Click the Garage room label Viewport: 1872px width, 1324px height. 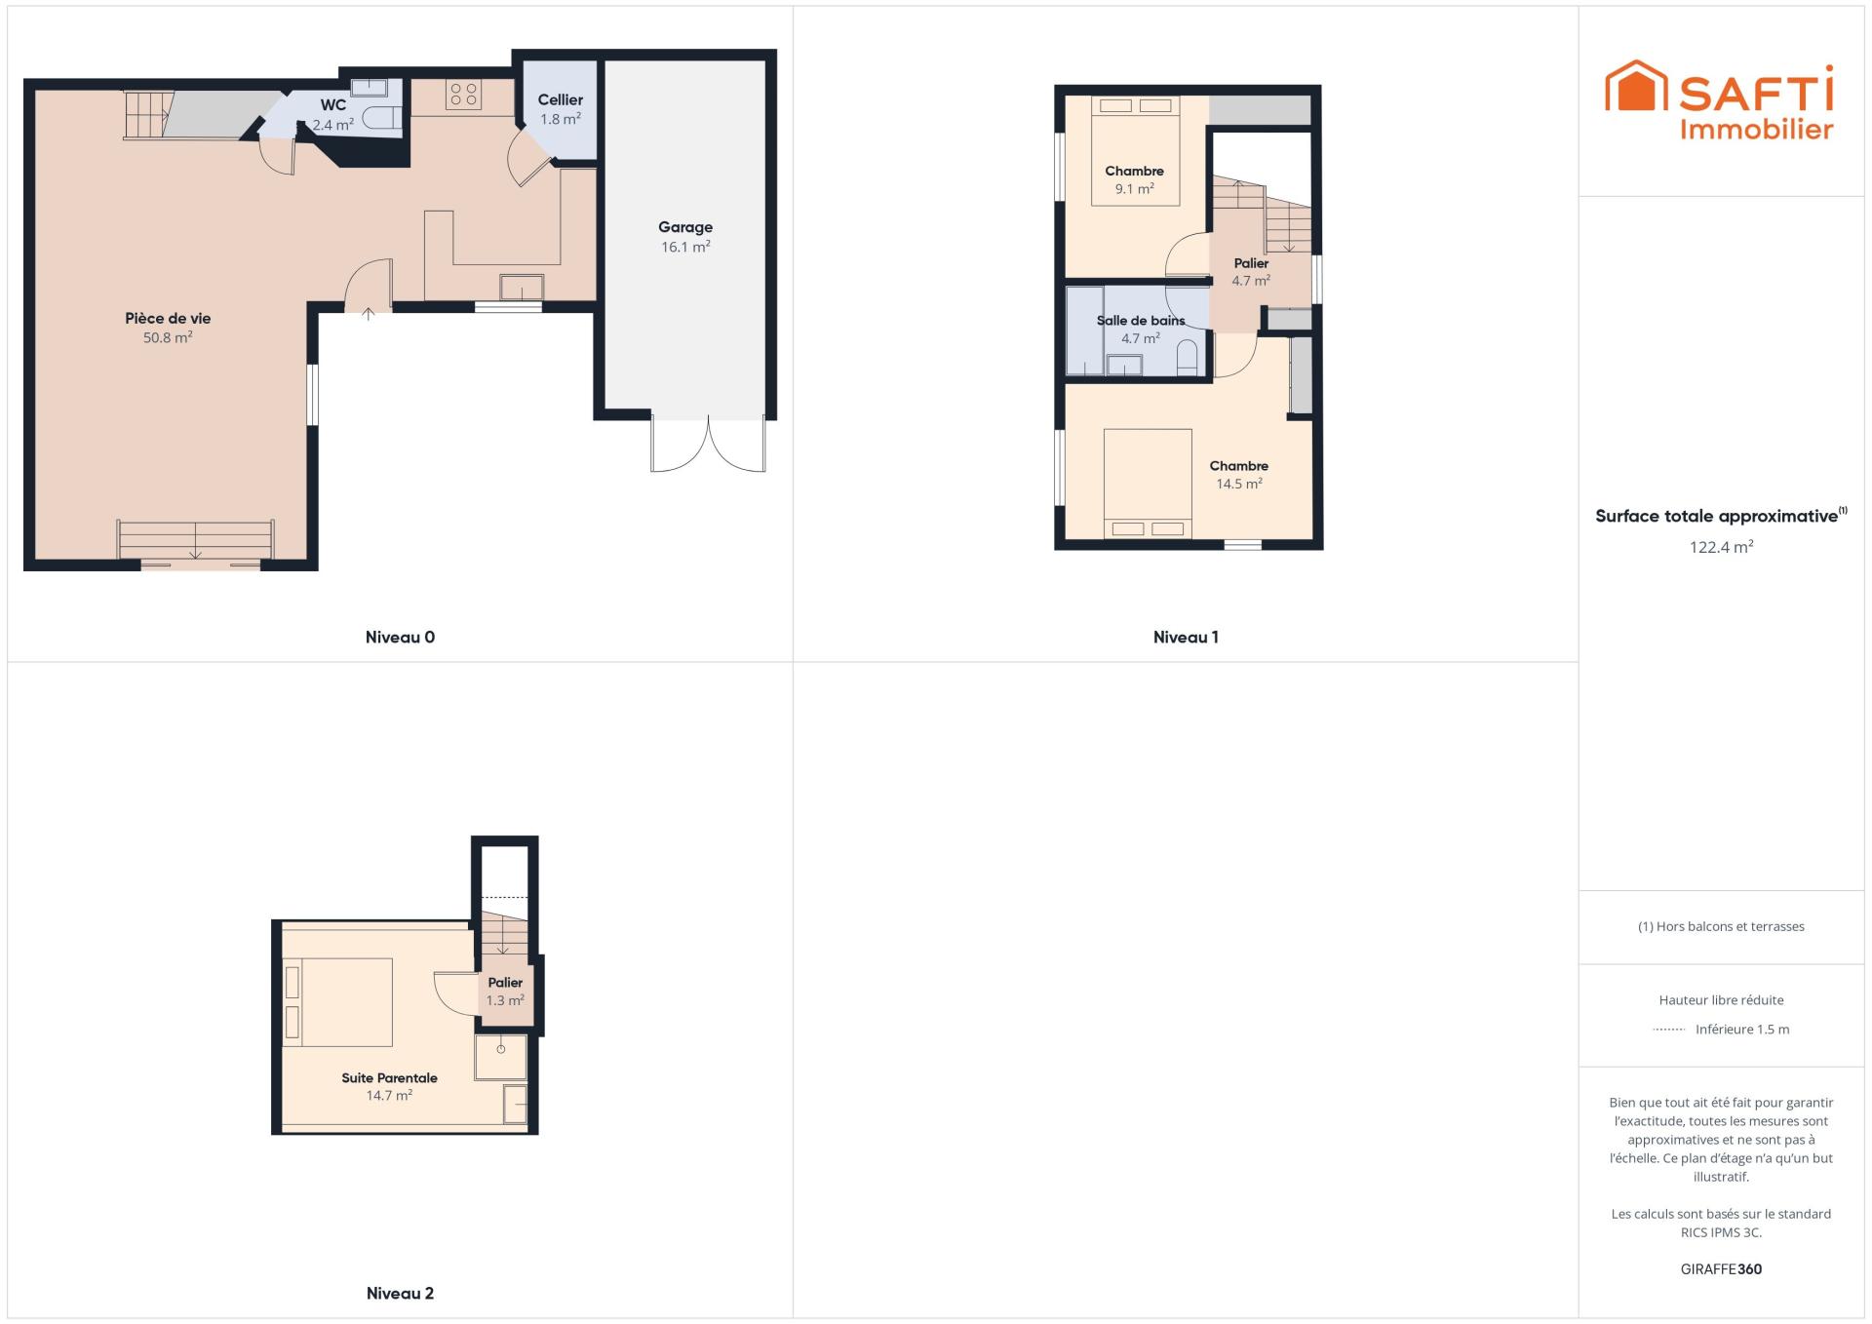coord(685,227)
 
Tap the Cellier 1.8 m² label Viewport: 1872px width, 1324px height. coord(561,109)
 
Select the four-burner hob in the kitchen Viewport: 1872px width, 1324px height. coord(464,95)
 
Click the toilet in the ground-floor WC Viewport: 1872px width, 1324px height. coord(382,119)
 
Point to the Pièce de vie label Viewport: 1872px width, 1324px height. coord(168,318)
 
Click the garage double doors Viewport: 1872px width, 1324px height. coord(709,445)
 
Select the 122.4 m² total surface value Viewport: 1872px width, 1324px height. coord(1721,547)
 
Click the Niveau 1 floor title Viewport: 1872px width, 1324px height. coord(1186,638)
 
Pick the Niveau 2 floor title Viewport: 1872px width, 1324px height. coord(400,1294)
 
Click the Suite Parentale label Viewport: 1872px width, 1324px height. coord(389,1078)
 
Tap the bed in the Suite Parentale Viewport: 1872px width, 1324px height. coord(338,1002)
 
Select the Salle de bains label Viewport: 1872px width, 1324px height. coord(1141,321)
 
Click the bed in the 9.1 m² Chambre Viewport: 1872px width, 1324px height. coord(1135,151)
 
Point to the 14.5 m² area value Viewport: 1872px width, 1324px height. coord(1239,485)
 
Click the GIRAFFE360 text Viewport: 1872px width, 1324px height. coord(1721,1269)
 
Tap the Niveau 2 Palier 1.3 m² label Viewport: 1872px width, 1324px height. coord(505,992)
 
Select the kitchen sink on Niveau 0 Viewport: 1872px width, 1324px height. coord(522,288)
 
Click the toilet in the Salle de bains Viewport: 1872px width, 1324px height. coord(1188,358)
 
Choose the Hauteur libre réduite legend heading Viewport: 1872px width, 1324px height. coord(1721,1000)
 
